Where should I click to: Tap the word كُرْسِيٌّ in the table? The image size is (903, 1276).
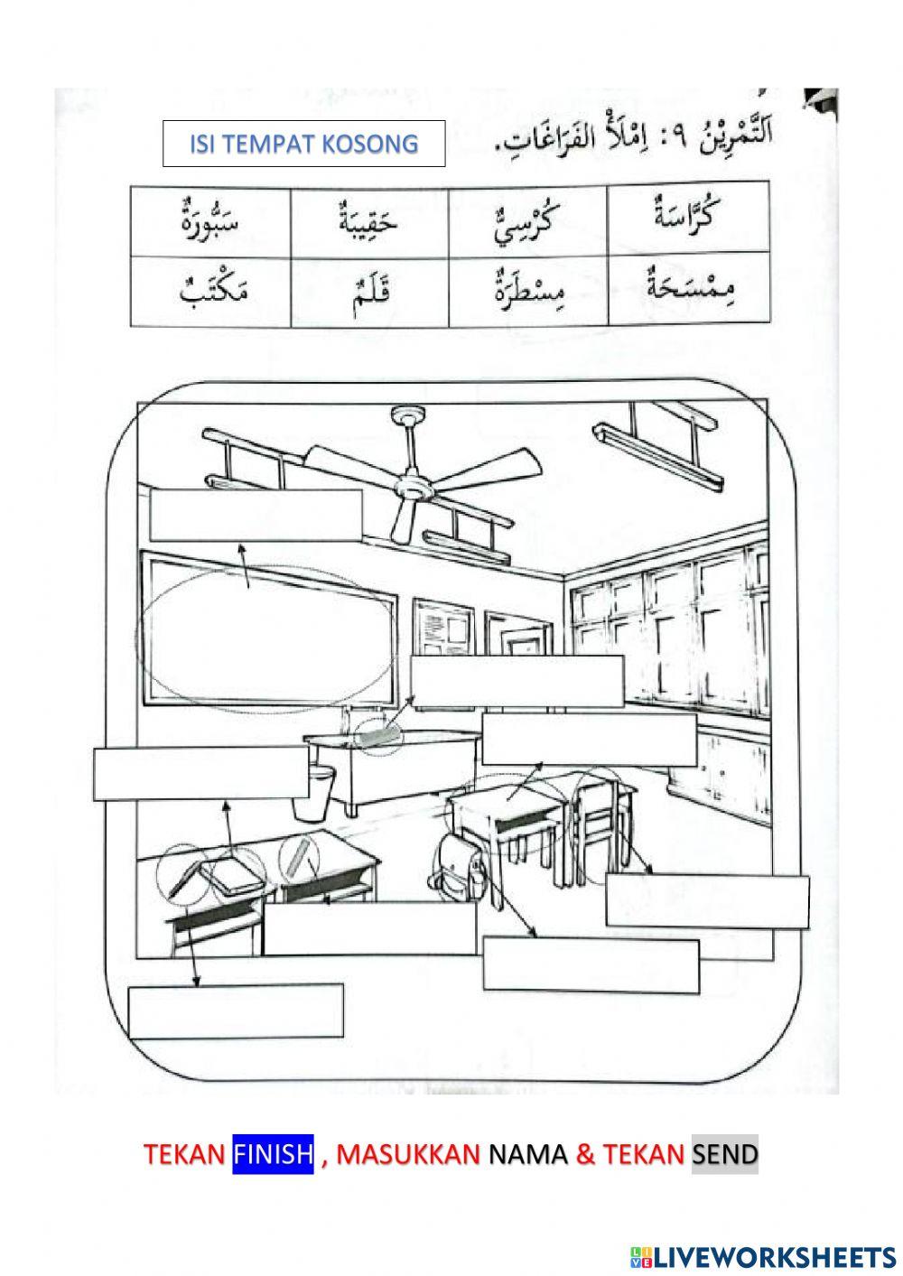pyautogui.click(x=527, y=221)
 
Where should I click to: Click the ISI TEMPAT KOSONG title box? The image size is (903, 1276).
pyautogui.click(x=303, y=144)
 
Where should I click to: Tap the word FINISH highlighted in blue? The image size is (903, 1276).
pyautogui.click(x=273, y=1153)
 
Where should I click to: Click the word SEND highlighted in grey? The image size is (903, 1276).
pyautogui.click(x=724, y=1153)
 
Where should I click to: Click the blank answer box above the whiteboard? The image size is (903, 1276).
pyautogui.click(x=256, y=513)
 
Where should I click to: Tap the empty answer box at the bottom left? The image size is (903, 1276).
pyautogui.click(x=236, y=1011)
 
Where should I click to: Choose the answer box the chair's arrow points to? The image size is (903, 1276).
pyautogui.click(x=706, y=900)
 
